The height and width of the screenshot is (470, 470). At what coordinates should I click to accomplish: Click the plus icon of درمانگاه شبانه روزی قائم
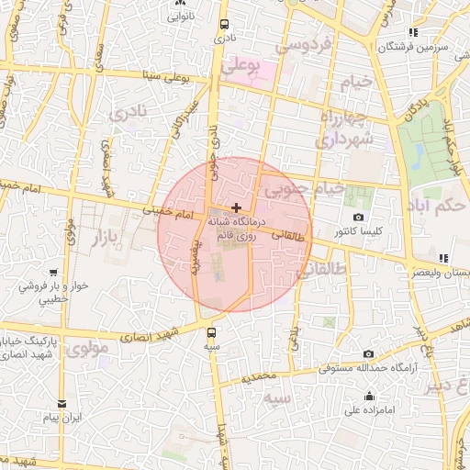(238, 208)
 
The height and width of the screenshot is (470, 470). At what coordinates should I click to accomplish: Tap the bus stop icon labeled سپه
(213, 333)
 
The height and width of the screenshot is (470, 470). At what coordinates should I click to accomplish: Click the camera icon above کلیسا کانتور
(357, 218)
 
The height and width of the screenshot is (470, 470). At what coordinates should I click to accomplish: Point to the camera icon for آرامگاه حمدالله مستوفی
(368, 353)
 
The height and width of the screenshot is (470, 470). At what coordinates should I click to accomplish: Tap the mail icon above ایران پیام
(62, 403)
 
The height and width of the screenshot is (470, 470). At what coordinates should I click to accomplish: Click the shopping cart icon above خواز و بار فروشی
(53, 272)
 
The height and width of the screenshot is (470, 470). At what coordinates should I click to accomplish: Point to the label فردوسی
(286, 44)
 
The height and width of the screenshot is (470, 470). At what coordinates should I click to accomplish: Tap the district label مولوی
(87, 348)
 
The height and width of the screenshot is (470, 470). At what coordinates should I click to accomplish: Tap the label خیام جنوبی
(303, 190)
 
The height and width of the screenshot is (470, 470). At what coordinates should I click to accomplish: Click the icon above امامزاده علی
(369, 397)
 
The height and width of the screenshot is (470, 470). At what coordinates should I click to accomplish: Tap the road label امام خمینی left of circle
(165, 214)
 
